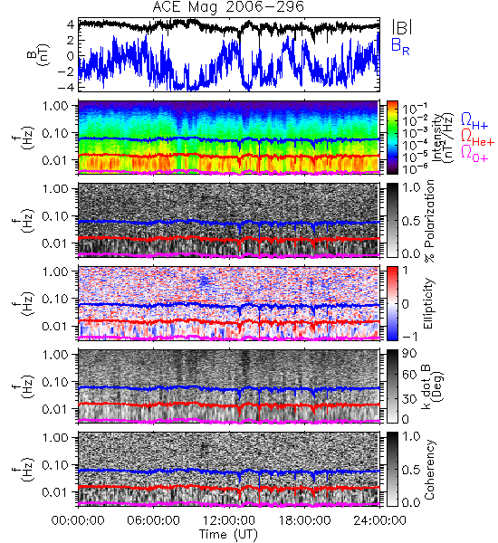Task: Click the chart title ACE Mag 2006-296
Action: point(228,6)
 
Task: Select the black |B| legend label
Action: point(402,26)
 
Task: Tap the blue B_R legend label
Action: point(400,46)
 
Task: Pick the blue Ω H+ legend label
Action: point(474,121)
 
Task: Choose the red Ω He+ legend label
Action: point(477,137)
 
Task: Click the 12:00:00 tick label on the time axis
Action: point(229,520)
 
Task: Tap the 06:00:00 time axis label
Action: point(154,520)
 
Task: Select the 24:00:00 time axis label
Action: point(379,520)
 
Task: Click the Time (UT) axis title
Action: point(228,534)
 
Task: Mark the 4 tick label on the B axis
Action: point(71,24)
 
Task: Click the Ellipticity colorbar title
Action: point(428,303)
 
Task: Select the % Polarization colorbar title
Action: point(429,221)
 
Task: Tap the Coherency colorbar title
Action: point(429,470)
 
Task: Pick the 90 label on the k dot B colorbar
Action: point(409,353)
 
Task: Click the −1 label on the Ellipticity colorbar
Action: point(409,337)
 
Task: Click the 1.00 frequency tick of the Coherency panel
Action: point(57,438)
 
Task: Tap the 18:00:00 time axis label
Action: point(304,520)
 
